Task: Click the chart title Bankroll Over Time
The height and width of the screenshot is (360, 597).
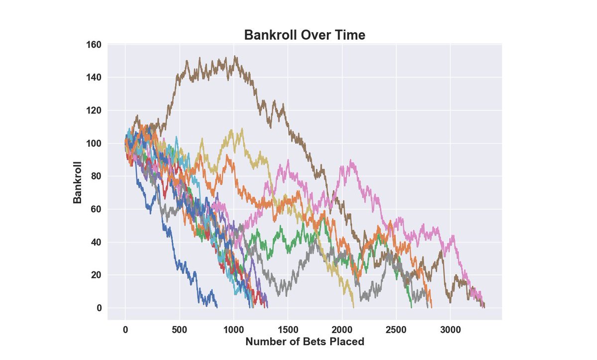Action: click(x=304, y=35)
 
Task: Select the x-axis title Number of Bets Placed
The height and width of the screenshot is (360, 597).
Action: click(x=304, y=342)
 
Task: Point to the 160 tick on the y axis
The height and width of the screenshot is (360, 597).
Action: click(x=94, y=45)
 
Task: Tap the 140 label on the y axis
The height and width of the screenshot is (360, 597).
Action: click(x=94, y=78)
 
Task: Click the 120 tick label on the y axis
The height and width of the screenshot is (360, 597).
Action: click(x=94, y=110)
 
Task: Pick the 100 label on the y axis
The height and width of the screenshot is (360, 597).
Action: click(x=94, y=143)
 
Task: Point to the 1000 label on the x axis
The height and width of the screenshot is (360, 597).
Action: click(x=233, y=330)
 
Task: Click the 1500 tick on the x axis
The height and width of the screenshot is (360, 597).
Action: click(x=288, y=330)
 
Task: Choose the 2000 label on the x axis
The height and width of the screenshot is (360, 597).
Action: click(x=342, y=330)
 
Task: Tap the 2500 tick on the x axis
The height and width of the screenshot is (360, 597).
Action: click(x=396, y=330)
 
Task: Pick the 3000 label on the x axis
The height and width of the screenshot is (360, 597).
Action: click(x=450, y=330)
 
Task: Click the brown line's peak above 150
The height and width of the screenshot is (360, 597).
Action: click(x=235, y=56)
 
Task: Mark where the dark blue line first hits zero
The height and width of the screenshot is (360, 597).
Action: click(x=217, y=307)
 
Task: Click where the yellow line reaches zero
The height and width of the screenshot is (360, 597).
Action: click(x=353, y=307)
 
